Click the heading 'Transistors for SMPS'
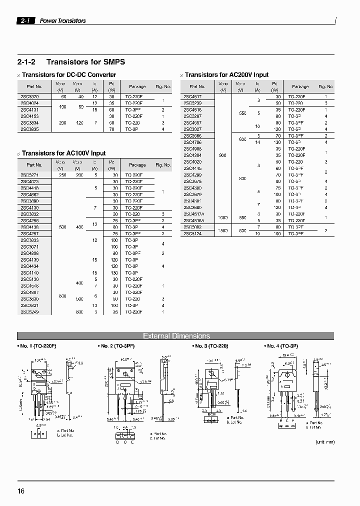(x=85, y=62)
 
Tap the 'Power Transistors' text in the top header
(x=62, y=21)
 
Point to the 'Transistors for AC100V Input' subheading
(x=64, y=153)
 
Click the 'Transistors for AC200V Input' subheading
(x=226, y=75)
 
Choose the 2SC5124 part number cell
(x=192, y=233)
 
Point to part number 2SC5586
(x=192, y=135)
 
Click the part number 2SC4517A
(x=193, y=213)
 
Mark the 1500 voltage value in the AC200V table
(x=222, y=230)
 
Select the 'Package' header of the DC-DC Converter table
(x=137, y=86)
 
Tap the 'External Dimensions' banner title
(x=176, y=336)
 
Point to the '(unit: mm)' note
(x=324, y=442)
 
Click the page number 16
(x=21, y=491)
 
